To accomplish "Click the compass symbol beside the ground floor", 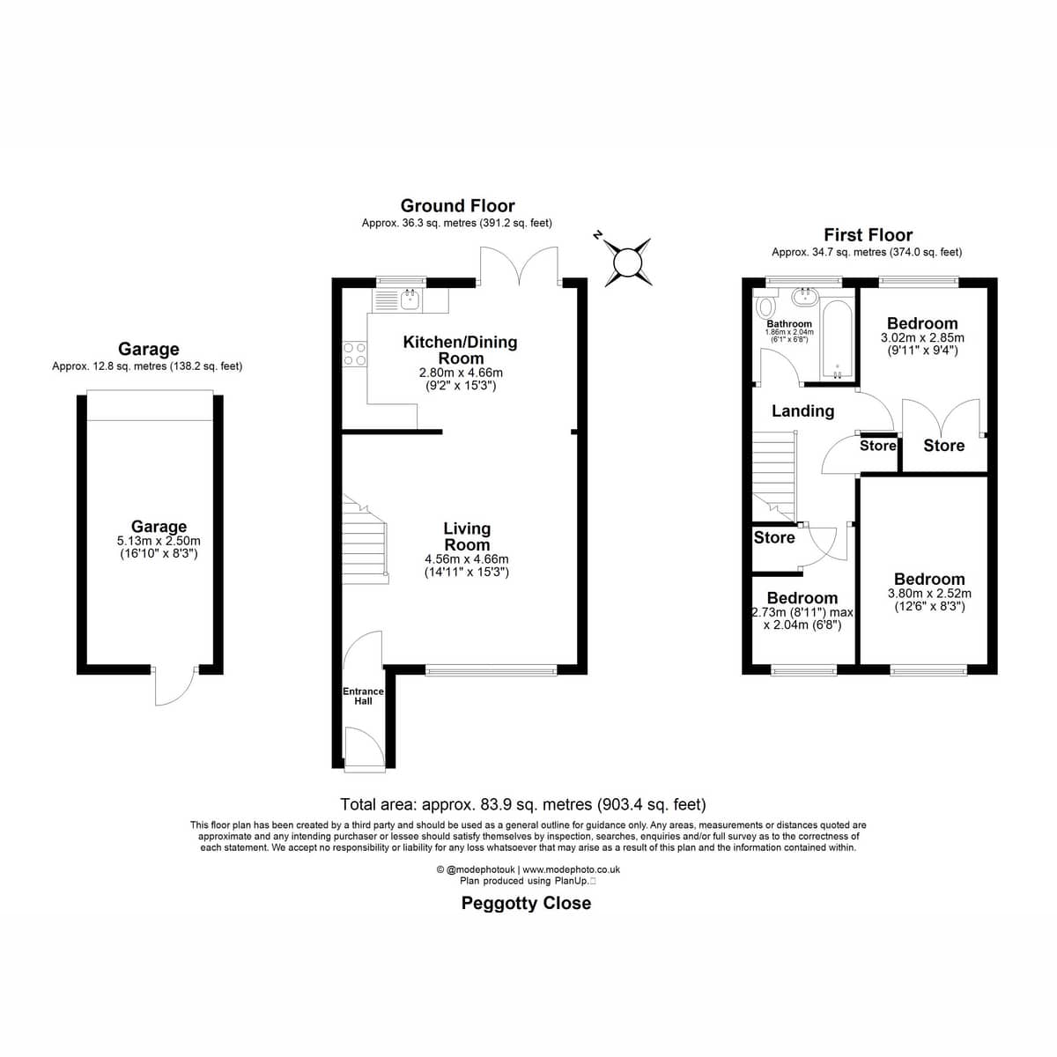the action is click(627, 262).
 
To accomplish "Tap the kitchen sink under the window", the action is click(410, 300).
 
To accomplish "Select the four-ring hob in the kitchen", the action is click(354, 353).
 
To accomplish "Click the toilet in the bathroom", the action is click(764, 306).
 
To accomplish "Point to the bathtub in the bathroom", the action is click(837, 339).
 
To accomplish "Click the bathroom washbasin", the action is click(805, 298).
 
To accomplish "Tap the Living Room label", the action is click(467, 537).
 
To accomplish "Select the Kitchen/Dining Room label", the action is click(460, 350).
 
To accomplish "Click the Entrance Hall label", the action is click(363, 696).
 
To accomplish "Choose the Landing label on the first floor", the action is click(803, 411).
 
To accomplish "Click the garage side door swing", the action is click(174, 686).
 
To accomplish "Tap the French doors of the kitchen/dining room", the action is click(519, 267).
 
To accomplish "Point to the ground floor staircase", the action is click(366, 539).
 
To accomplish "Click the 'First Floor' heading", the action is click(869, 235).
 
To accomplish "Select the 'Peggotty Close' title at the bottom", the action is click(527, 903).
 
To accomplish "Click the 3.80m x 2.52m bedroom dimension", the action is click(929, 593).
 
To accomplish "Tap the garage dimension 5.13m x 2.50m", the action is click(159, 541).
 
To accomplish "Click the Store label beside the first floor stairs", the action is click(774, 537).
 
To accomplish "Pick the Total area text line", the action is click(523, 805).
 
